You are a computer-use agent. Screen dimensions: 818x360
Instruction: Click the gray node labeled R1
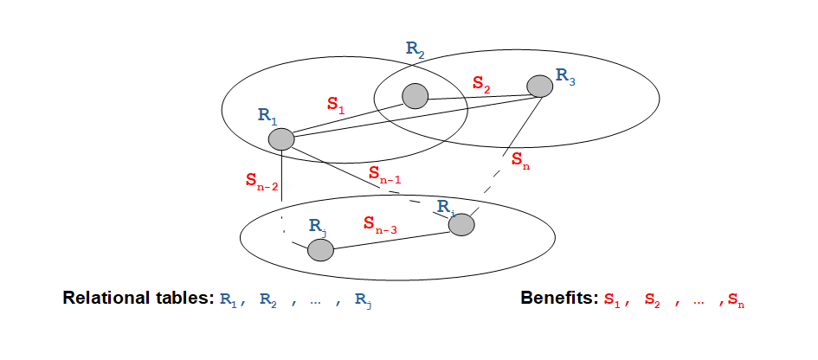pos(281,139)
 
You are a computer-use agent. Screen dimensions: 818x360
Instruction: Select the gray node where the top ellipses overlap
pos(415,97)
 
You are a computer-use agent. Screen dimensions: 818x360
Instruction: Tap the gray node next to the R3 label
pos(539,86)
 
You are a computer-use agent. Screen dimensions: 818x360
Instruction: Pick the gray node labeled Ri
pos(461,225)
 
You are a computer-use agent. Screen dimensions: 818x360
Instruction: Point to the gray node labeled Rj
pos(320,250)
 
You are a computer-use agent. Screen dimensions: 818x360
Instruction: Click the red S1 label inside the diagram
pos(336,105)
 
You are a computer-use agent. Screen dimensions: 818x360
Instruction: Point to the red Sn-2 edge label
pos(262,181)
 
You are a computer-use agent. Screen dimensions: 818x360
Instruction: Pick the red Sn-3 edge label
pos(380,224)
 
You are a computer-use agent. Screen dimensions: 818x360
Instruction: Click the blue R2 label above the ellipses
pos(415,49)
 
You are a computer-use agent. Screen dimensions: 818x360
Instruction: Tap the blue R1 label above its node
pos(267,116)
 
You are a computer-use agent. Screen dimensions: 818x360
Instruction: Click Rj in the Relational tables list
pos(363,301)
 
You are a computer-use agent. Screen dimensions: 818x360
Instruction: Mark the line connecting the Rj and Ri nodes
pos(391,241)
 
